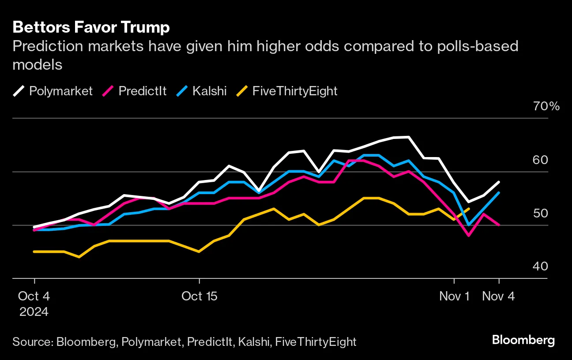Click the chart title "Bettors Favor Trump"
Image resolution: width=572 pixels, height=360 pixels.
(91, 27)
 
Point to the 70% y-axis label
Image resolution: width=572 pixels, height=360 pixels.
(546, 106)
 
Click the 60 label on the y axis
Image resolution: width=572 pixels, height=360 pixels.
(552, 160)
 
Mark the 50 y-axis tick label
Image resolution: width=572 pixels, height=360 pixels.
(552, 213)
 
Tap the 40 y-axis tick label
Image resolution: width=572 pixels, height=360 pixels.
(552, 266)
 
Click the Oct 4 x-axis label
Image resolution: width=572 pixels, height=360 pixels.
(34, 296)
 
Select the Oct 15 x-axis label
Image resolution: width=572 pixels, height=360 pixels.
(199, 296)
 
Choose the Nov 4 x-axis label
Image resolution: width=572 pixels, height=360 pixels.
(498, 296)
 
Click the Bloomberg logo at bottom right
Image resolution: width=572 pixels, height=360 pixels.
(523, 340)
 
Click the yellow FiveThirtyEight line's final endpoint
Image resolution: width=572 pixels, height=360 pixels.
(469, 209)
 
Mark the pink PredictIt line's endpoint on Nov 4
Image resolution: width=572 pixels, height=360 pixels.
(499, 225)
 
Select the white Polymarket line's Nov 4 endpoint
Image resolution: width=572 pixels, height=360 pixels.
(499, 182)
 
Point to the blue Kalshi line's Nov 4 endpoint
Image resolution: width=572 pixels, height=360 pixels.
(499, 192)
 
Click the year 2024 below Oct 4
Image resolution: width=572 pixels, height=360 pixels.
(34, 312)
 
